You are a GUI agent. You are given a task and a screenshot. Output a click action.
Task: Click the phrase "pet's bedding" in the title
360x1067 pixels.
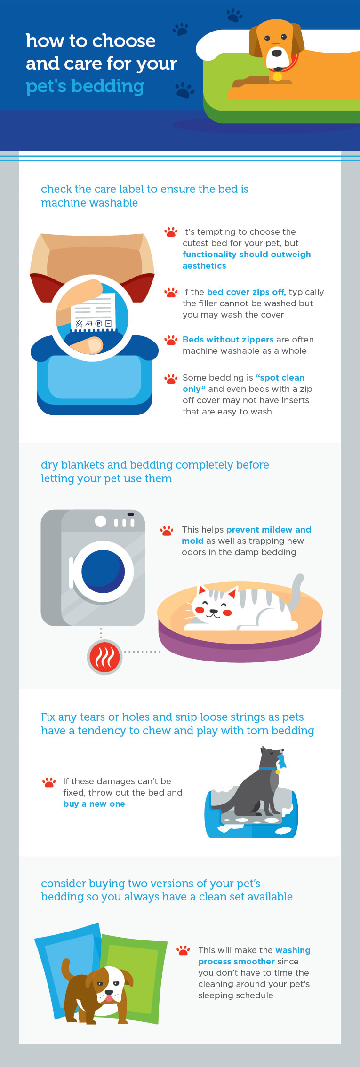pyautogui.click(x=85, y=87)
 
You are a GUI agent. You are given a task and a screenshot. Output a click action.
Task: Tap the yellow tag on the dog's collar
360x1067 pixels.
pyautogui.click(x=277, y=76)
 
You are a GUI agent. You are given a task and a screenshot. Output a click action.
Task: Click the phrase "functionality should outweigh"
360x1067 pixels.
pyautogui.click(x=247, y=255)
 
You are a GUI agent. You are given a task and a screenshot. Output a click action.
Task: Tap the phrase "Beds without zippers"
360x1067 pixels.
pyautogui.click(x=228, y=340)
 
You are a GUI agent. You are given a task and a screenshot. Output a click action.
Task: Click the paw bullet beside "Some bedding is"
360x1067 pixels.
pyautogui.click(x=170, y=378)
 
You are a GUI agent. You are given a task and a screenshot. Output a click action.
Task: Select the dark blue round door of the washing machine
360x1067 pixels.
pyautogui.click(x=103, y=572)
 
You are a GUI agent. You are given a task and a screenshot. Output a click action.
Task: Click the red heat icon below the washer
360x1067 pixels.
pyautogui.click(x=104, y=657)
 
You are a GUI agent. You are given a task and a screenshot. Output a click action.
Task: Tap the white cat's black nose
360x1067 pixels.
pyautogui.click(x=214, y=611)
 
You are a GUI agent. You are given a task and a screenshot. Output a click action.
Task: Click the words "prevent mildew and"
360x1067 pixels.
pyautogui.click(x=269, y=530)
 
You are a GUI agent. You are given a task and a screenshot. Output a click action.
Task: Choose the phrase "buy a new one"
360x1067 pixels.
pyautogui.click(x=94, y=804)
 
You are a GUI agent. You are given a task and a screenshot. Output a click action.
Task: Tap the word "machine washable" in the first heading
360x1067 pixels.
pyautogui.click(x=89, y=203)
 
